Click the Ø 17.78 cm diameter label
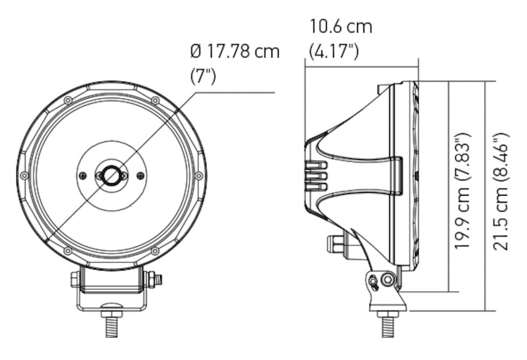point(234,51)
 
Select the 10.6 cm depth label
point(341,28)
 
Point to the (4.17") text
point(334,51)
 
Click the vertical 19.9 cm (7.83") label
point(463,192)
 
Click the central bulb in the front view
point(111,175)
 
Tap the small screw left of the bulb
point(82,175)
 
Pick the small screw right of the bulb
point(140,175)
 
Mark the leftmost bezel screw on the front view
point(24,175)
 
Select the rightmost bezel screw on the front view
point(198,175)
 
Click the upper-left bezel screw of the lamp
point(67,100)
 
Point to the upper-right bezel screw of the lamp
point(155,100)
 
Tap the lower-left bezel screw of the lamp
point(67,251)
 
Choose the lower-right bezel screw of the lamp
point(155,251)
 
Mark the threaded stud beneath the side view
point(387,325)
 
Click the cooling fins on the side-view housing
point(318,176)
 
